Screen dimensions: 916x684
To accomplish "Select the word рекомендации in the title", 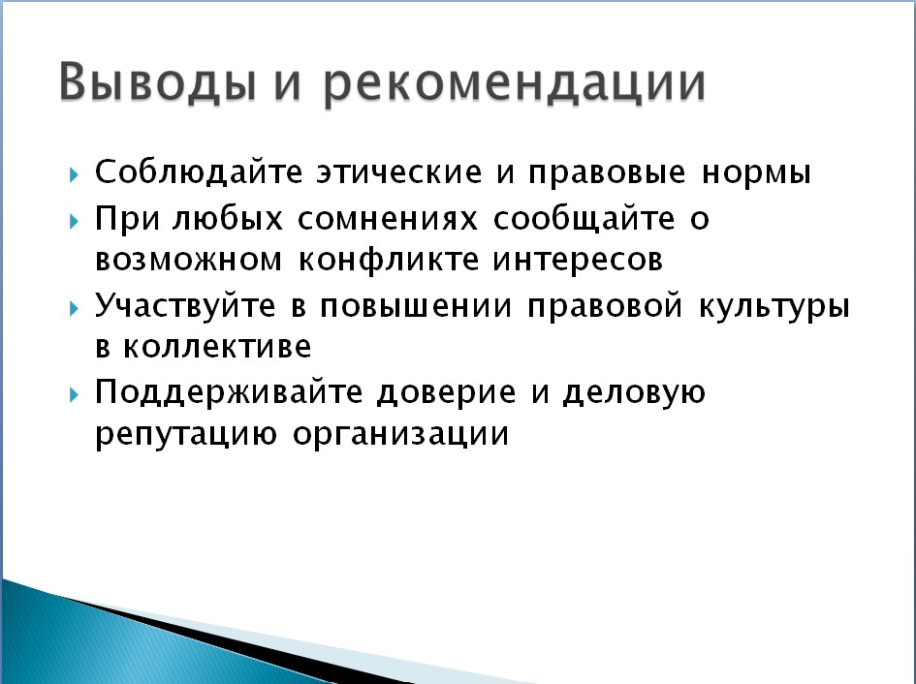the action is [x=514, y=83].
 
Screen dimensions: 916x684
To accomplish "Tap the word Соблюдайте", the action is [x=199, y=171].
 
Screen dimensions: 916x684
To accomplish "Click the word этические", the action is [x=399, y=171].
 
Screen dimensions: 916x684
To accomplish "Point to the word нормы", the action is [x=756, y=173].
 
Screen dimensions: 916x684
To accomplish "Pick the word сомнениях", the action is [x=388, y=219].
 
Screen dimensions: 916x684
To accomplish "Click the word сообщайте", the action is [x=584, y=219].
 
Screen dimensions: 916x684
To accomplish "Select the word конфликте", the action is [x=389, y=259].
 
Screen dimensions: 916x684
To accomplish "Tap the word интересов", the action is [x=578, y=260].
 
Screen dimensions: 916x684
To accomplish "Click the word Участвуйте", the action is [x=185, y=304].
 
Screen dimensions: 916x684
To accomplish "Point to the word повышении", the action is [x=416, y=305].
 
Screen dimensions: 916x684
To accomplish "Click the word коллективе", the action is [x=217, y=347].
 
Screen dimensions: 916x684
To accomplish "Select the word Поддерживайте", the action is [x=229, y=392].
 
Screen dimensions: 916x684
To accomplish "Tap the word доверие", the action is [x=446, y=393].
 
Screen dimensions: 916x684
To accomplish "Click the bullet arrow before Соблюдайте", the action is [x=74, y=174].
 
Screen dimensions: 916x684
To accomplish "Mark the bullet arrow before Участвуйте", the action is [x=74, y=307].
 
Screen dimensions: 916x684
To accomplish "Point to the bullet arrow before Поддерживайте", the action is [x=74, y=395].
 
